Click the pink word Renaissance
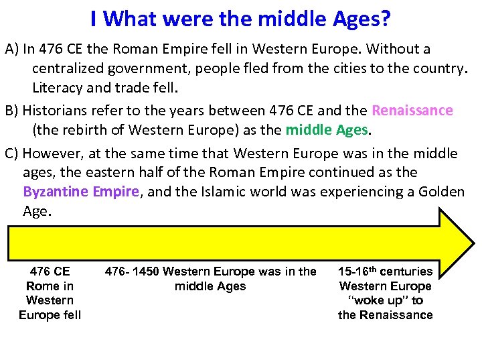pyautogui.click(x=412, y=111)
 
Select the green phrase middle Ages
pyautogui.click(x=327, y=129)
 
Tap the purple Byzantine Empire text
pyautogui.click(x=81, y=192)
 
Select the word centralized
pyautogui.click(x=74, y=68)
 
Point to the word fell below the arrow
pyautogui.click(x=67, y=315)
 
